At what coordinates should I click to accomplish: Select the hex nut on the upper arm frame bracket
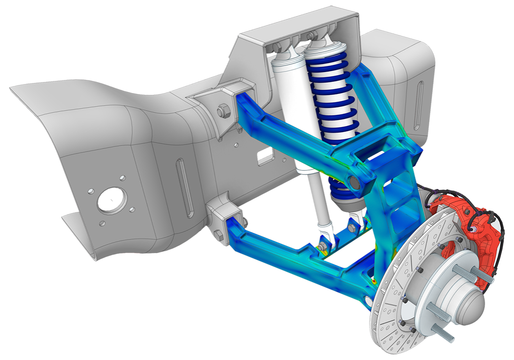(222, 109)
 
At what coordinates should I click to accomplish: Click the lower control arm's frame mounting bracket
(224, 220)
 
